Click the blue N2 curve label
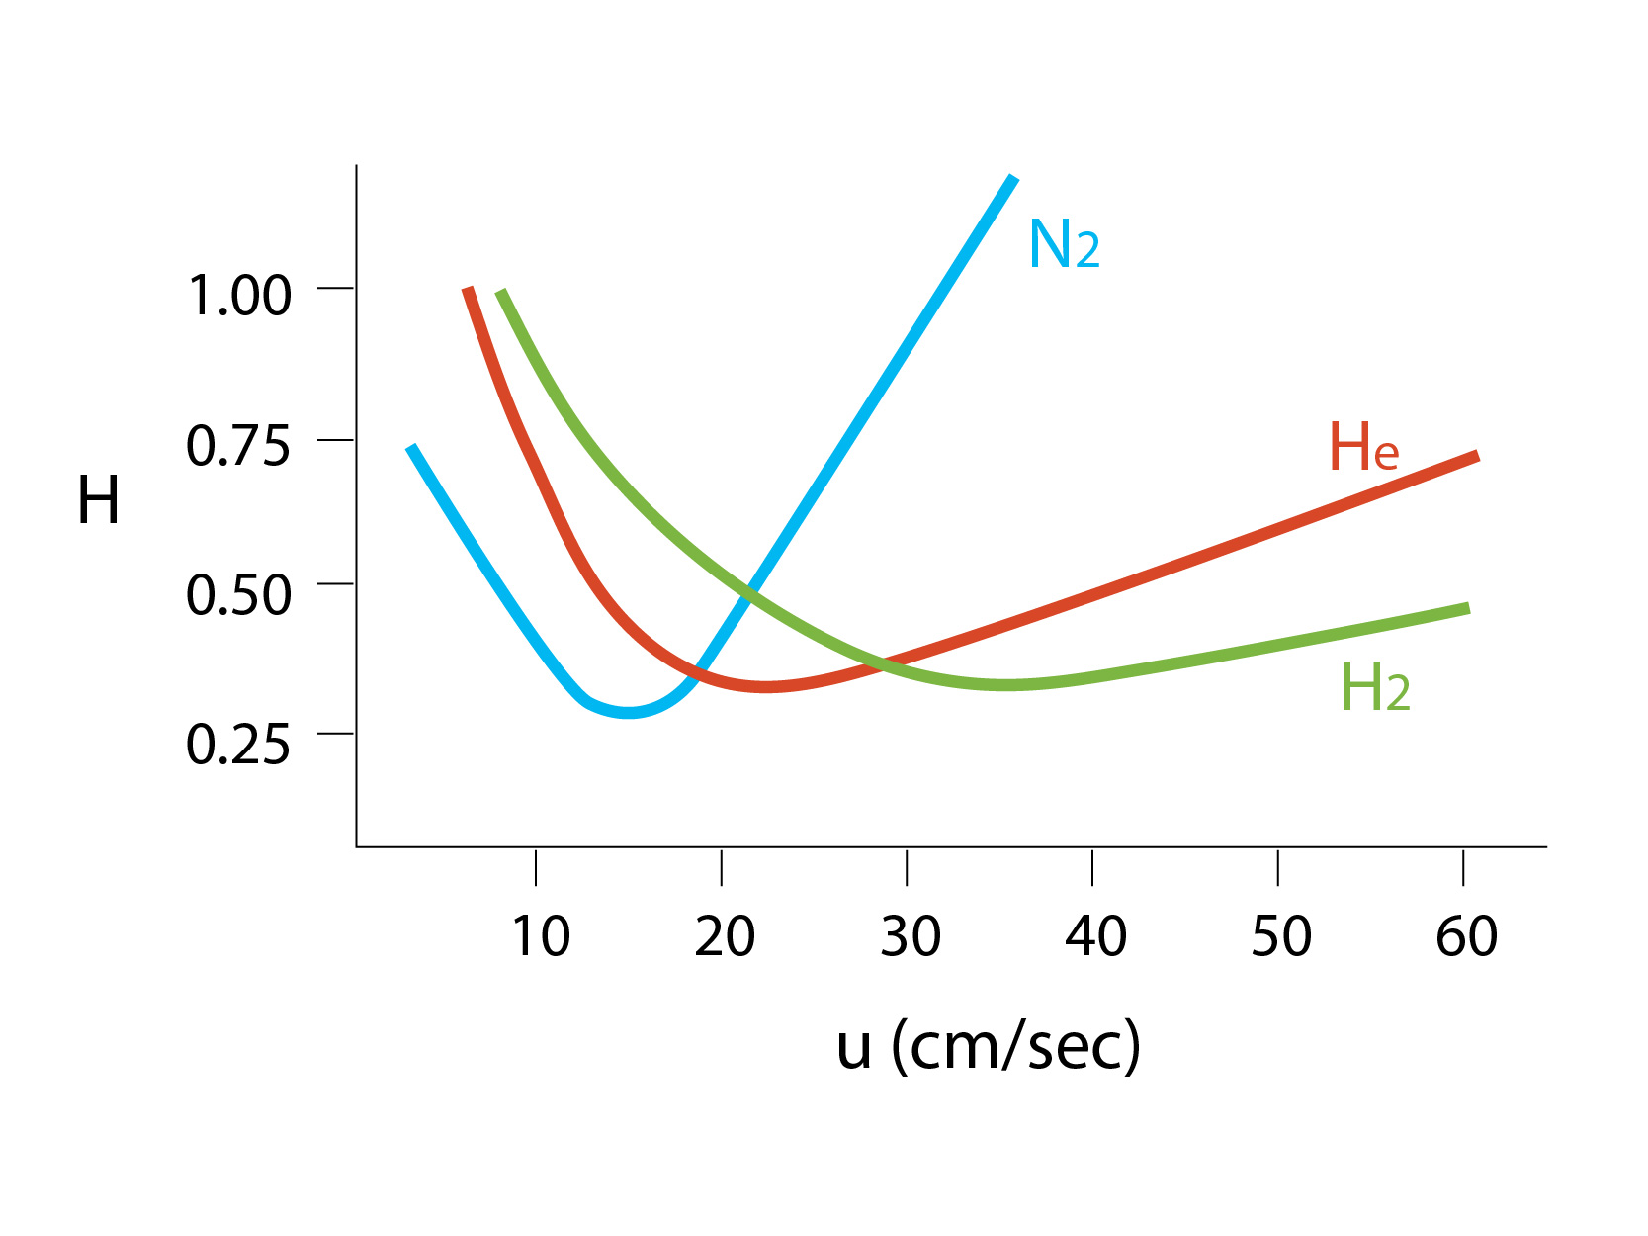[x=1064, y=244]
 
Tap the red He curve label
[x=1363, y=447]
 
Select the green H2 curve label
[x=1374, y=687]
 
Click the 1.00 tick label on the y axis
[x=239, y=296]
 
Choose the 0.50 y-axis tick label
[x=238, y=594]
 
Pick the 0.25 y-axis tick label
[x=238, y=744]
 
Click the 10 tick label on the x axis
[x=540, y=936]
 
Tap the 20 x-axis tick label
[x=724, y=936]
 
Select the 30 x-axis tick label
[x=910, y=936]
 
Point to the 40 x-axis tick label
[x=1095, y=936]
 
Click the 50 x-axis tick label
[x=1281, y=936]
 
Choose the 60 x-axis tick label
[x=1466, y=936]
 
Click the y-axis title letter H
[x=99, y=500]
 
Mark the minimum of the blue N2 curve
[x=629, y=712]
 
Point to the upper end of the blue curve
[x=1013, y=178]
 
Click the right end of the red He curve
[x=1477, y=456]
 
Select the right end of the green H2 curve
[x=1468, y=608]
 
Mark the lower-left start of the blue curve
[x=411, y=447]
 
